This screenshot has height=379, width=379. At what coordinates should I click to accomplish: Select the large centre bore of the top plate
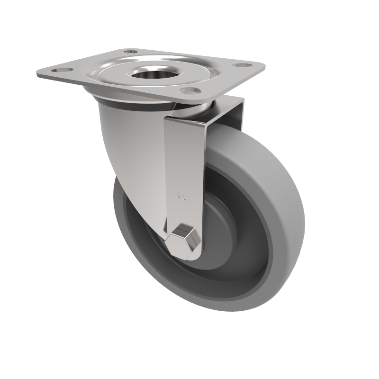point(154,73)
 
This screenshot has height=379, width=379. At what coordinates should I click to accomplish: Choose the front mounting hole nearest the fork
point(189,90)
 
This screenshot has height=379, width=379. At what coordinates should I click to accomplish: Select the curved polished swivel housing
point(128,142)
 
